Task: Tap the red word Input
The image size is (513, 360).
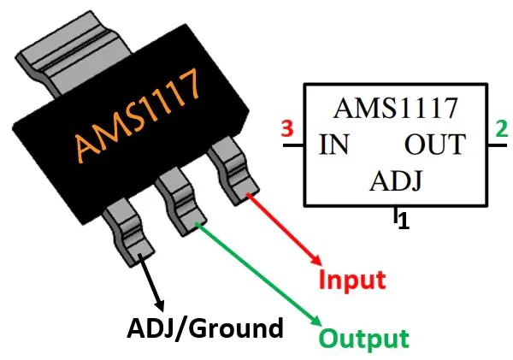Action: tap(352, 280)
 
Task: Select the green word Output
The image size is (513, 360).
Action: tap(364, 338)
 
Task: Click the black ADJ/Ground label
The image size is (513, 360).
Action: tap(204, 328)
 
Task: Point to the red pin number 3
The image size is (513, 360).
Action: tap(287, 131)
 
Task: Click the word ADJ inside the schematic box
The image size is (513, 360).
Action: tap(397, 181)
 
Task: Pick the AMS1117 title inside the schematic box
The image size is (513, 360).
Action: tap(395, 109)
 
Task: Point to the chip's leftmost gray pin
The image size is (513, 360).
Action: tap(128, 230)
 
